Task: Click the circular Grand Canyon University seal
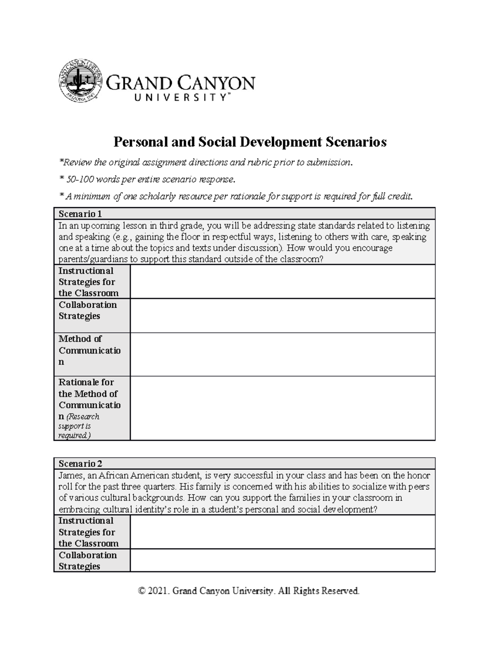[x=80, y=80]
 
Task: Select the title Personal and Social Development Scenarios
[x=250, y=142]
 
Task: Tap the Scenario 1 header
[x=80, y=214]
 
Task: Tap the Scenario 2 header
[x=80, y=464]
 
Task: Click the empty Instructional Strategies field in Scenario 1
[x=282, y=282]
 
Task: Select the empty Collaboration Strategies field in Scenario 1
[x=282, y=316]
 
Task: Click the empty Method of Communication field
[x=282, y=354]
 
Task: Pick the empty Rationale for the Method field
[x=282, y=408]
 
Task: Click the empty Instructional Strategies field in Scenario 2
[x=282, y=532]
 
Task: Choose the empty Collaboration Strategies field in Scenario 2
[x=282, y=560]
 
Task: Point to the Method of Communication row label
[x=89, y=350]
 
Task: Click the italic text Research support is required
[x=79, y=426]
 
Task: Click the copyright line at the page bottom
[x=249, y=591]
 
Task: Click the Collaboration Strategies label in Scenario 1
[x=87, y=310]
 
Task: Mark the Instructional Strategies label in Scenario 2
[x=88, y=532]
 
